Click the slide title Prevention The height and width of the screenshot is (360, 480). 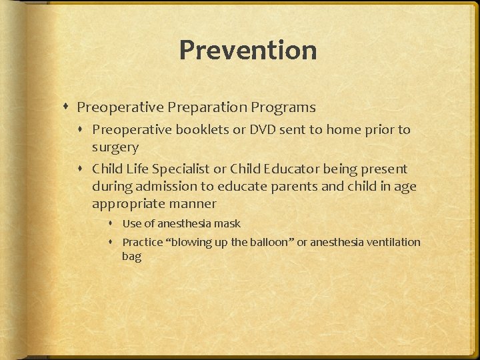247,50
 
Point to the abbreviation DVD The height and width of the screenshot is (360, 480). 263,129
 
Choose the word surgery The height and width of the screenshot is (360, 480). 115,147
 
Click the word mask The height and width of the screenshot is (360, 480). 227,224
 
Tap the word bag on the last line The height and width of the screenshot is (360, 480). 131,257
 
